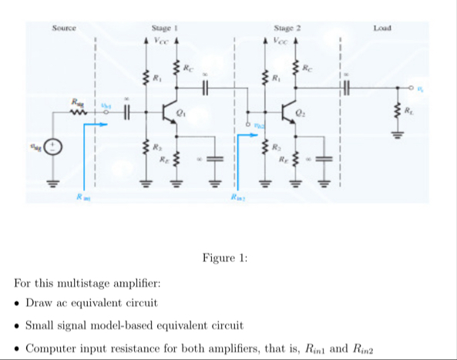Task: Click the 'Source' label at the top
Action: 64,29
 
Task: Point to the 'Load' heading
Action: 382,29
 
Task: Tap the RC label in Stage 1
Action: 188,67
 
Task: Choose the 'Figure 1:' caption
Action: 225,257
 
